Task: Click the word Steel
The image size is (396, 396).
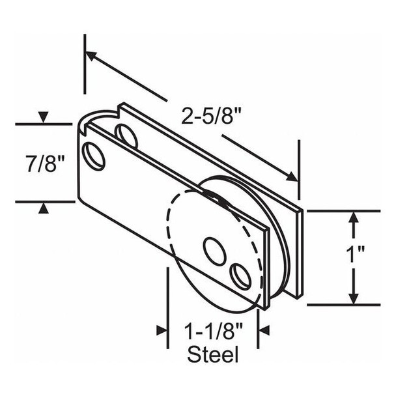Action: (212, 355)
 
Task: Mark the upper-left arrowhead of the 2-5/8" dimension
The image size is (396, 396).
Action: (91, 56)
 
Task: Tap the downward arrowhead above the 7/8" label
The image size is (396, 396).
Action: (43, 118)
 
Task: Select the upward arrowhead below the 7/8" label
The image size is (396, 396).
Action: (43, 208)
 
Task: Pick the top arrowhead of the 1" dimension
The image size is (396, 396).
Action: (353, 217)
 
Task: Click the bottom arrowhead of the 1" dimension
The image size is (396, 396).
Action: (353, 298)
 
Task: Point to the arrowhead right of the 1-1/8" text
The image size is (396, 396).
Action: (263, 331)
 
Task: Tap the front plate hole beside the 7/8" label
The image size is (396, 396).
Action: (94, 156)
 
